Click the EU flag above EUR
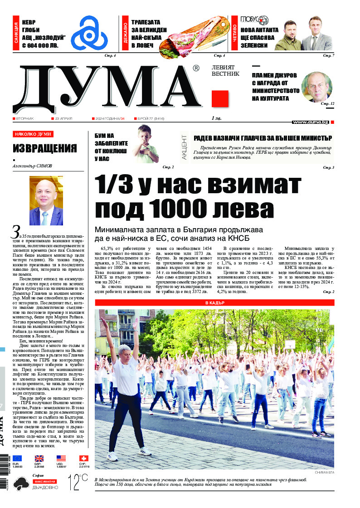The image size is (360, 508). pyautogui.click(x=17, y=459)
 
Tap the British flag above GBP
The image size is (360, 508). pyautogui.click(x=39, y=459)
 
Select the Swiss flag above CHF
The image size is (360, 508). pyautogui.click(x=83, y=459)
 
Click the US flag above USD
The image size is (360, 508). pyautogui.click(x=61, y=459)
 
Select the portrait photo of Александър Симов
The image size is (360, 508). pyautogui.click(x=46, y=200)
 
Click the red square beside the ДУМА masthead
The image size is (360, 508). pyautogui.click(x=220, y=99)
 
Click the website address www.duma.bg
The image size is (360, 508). pyautogui.click(x=310, y=122)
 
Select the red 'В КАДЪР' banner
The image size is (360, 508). pyautogui.click(x=214, y=303)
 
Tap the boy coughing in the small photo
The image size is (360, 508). pyautogui.click(x=146, y=144)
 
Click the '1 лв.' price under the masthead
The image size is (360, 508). pyautogui.click(x=216, y=118)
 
